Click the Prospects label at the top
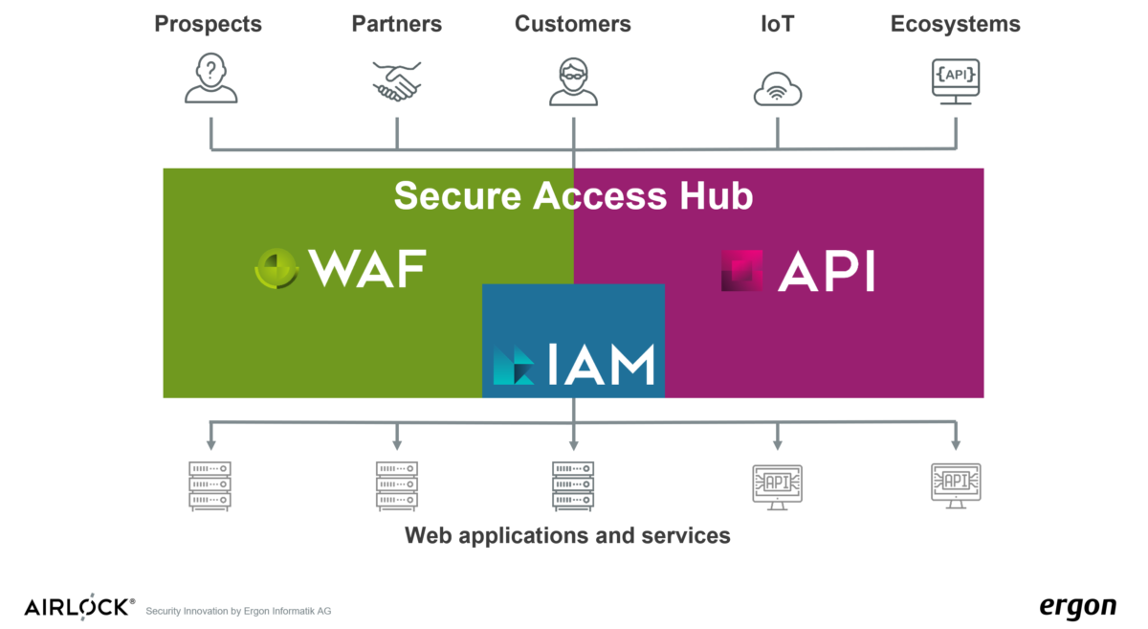[x=209, y=24]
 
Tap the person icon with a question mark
[x=210, y=79]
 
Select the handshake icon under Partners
[x=396, y=81]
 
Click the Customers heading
[x=572, y=24]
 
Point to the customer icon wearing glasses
[x=573, y=80]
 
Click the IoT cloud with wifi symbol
[x=777, y=89]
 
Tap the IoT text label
[x=777, y=24]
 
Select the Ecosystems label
[x=955, y=24]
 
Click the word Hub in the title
[x=716, y=195]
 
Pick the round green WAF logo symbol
[x=277, y=269]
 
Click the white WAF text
[x=367, y=270]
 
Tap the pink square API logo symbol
[x=742, y=270]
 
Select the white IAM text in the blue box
[x=602, y=365]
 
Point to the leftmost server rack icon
[x=210, y=485]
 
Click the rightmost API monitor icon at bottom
[x=956, y=484]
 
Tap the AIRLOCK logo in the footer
[x=79, y=608]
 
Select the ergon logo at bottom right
[x=1077, y=608]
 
